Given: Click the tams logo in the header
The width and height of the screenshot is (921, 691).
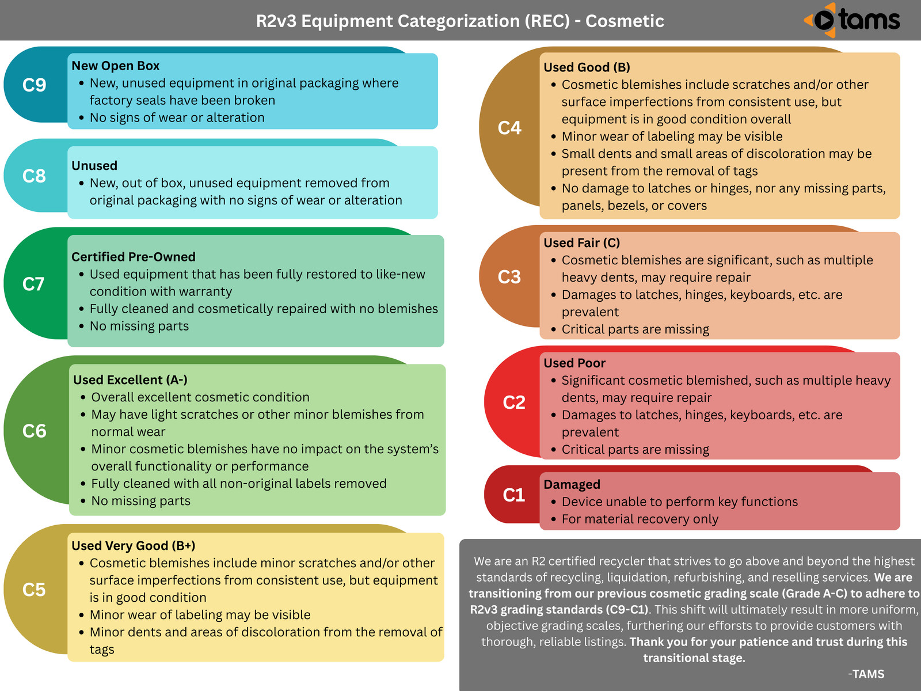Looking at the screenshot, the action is coord(853,20).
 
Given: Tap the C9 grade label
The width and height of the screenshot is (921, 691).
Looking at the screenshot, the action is coord(34,85).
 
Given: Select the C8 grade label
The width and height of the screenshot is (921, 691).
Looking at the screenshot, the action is coord(34,176).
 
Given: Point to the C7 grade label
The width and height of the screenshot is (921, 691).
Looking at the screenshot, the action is coord(33,284).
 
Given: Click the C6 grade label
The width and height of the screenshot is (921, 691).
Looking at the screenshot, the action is coord(34,431).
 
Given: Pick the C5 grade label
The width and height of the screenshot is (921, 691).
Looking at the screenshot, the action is coord(34,590).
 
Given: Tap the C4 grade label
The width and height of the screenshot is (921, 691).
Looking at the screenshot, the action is coord(509,128).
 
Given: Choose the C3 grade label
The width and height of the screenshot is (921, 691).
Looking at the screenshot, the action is coord(509,277).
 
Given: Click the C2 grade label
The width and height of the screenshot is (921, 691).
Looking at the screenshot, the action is coord(514,403).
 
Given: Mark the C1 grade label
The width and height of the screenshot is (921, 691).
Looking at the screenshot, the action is coord(514,495).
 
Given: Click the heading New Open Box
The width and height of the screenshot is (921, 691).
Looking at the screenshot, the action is coord(115,66).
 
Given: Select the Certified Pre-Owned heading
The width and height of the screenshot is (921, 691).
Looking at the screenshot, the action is coord(133,257).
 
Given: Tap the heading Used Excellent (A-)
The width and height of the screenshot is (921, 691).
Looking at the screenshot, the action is coord(130,380).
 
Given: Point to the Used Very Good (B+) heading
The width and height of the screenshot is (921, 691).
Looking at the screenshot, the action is coord(133,546).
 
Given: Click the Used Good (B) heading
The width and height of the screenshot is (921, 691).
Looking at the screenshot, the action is coord(587,67).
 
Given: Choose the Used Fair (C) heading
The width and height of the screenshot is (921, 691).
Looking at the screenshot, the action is coord(581,243).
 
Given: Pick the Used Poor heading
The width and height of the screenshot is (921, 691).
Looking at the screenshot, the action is coord(574,363).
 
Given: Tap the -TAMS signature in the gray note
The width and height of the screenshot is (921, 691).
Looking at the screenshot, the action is coord(866,674).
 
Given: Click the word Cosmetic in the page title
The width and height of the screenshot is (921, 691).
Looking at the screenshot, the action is coord(625,21).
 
